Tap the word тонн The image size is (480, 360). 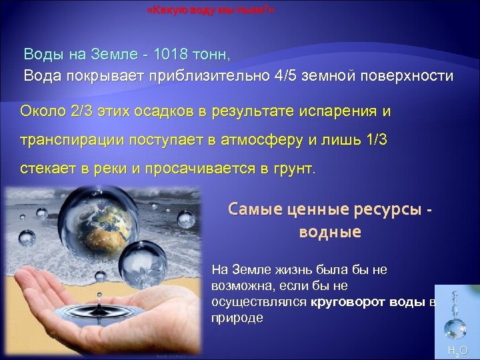click(215, 53)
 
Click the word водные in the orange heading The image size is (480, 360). click(330, 232)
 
